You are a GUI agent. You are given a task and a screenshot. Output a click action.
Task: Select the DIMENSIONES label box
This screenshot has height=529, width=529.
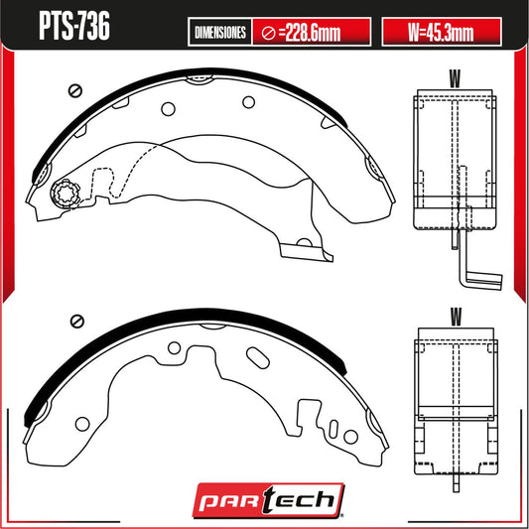(x=219, y=33)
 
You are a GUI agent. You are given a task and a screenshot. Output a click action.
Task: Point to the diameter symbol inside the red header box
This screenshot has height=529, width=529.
(x=268, y=33)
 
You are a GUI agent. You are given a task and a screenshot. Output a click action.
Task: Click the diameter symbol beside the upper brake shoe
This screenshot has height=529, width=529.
(x=72, y=90)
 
